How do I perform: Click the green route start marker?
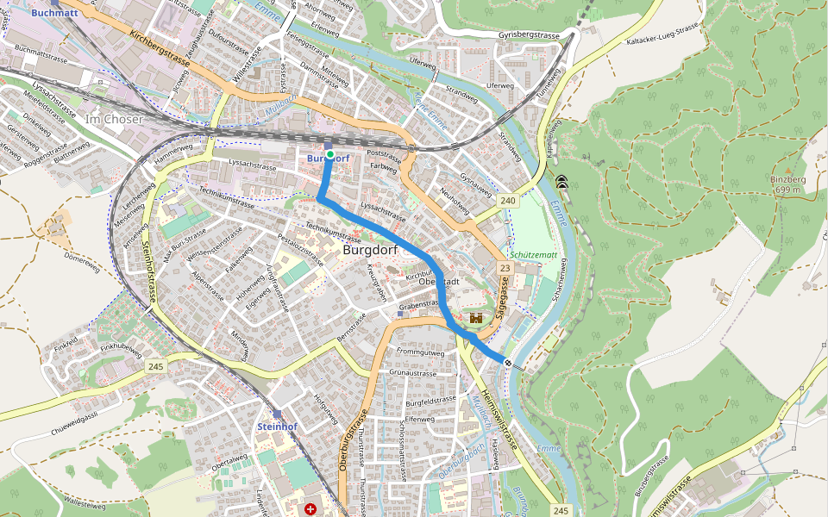[329, 154]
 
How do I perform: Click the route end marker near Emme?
[508, 363]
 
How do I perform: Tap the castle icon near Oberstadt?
[474, 318]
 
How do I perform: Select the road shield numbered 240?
[507, 201]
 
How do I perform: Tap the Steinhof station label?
[277, 427]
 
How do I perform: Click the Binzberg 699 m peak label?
[787, 184]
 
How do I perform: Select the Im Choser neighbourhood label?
[114, 119]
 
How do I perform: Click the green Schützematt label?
[533, 255]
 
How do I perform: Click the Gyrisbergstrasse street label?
[530, 35]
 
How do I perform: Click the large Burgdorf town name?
[375, 249]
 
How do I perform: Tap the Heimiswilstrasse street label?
[498, 420]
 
